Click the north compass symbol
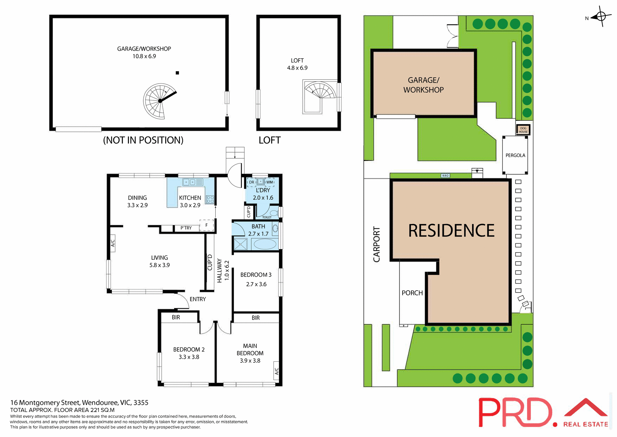pyautogui.click(x=601, y=16)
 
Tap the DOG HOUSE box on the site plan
pyautogui.click(x=523, y=130)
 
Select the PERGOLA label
pyautogui.click(x=515, y=155)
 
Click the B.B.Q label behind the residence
pyautogui.click(x=445, y=175)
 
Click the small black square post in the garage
pyautogui.click(x=177, y=73)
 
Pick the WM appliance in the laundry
pyautogui.click(x=270, y=182)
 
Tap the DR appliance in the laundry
pyautogui.click(x=251, y=182)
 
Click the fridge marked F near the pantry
pyautogui.click(x=207, y=225)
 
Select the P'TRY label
pyautogui.click(x=186, y=228)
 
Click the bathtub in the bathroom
pyautogui.click(x=265, y=244)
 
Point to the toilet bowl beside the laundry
pyautogui.click(x=274, y=213)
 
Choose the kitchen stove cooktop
pyautogui.click(x=210, y=199)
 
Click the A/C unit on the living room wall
pyautogui.click(x=112, y=243)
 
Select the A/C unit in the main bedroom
pyautogui.click(x=276, y=371)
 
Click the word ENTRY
pyautogui.click(x=198, y=299)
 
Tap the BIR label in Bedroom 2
pyautogui.click(x=176, y=317)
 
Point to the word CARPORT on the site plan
pyautogui.click(x=377, y=244)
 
